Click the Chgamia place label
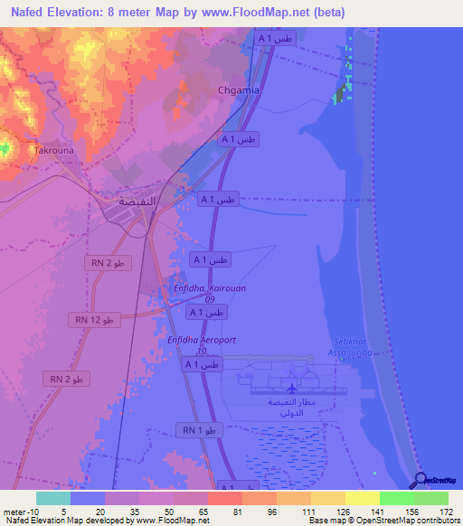pyautogui.click(x=240, y=90)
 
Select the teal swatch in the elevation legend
pyautogui.click(x=52, y=498)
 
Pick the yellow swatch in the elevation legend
pyautogui.click(x=362, y=498)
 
